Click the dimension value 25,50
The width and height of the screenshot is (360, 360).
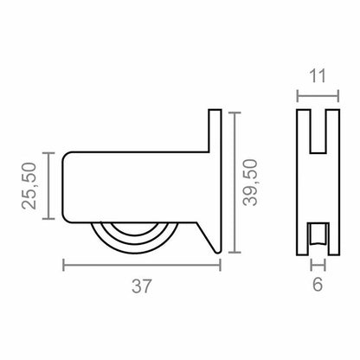29,185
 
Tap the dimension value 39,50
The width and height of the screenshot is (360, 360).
250,183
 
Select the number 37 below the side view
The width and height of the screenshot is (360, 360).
141,286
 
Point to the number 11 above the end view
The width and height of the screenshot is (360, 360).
318,76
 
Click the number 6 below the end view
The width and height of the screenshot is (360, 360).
318,285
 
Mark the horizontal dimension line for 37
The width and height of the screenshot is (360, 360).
142,265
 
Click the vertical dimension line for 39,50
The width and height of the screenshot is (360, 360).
235,183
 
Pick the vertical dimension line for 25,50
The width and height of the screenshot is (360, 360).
48,185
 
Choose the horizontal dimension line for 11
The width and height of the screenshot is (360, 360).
318,96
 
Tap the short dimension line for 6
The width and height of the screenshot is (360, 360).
318,265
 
